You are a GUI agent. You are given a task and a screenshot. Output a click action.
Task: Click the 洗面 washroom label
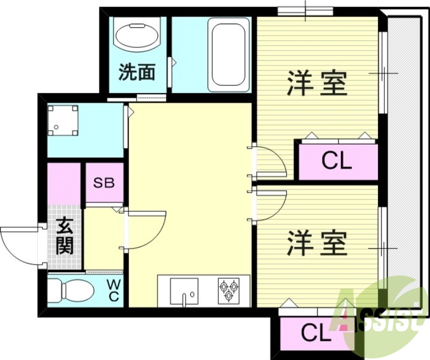[x=137, y=72]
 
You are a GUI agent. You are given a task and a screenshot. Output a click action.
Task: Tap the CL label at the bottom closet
[x=316, y=333]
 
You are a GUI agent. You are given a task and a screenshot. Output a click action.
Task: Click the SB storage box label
[x=104, y=182]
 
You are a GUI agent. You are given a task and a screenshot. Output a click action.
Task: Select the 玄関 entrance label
[x=65, y=235]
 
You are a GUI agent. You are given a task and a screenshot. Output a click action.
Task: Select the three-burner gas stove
[x=230, y=291]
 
